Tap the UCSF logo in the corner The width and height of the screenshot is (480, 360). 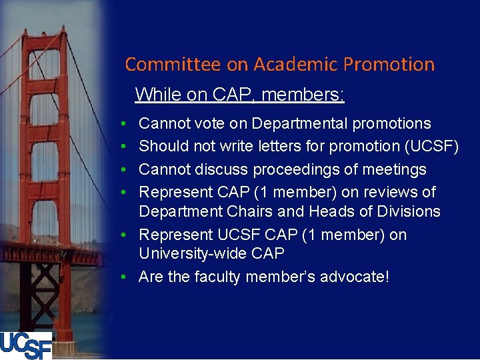click(26, 345)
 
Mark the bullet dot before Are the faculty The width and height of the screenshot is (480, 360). click(126, 277)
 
